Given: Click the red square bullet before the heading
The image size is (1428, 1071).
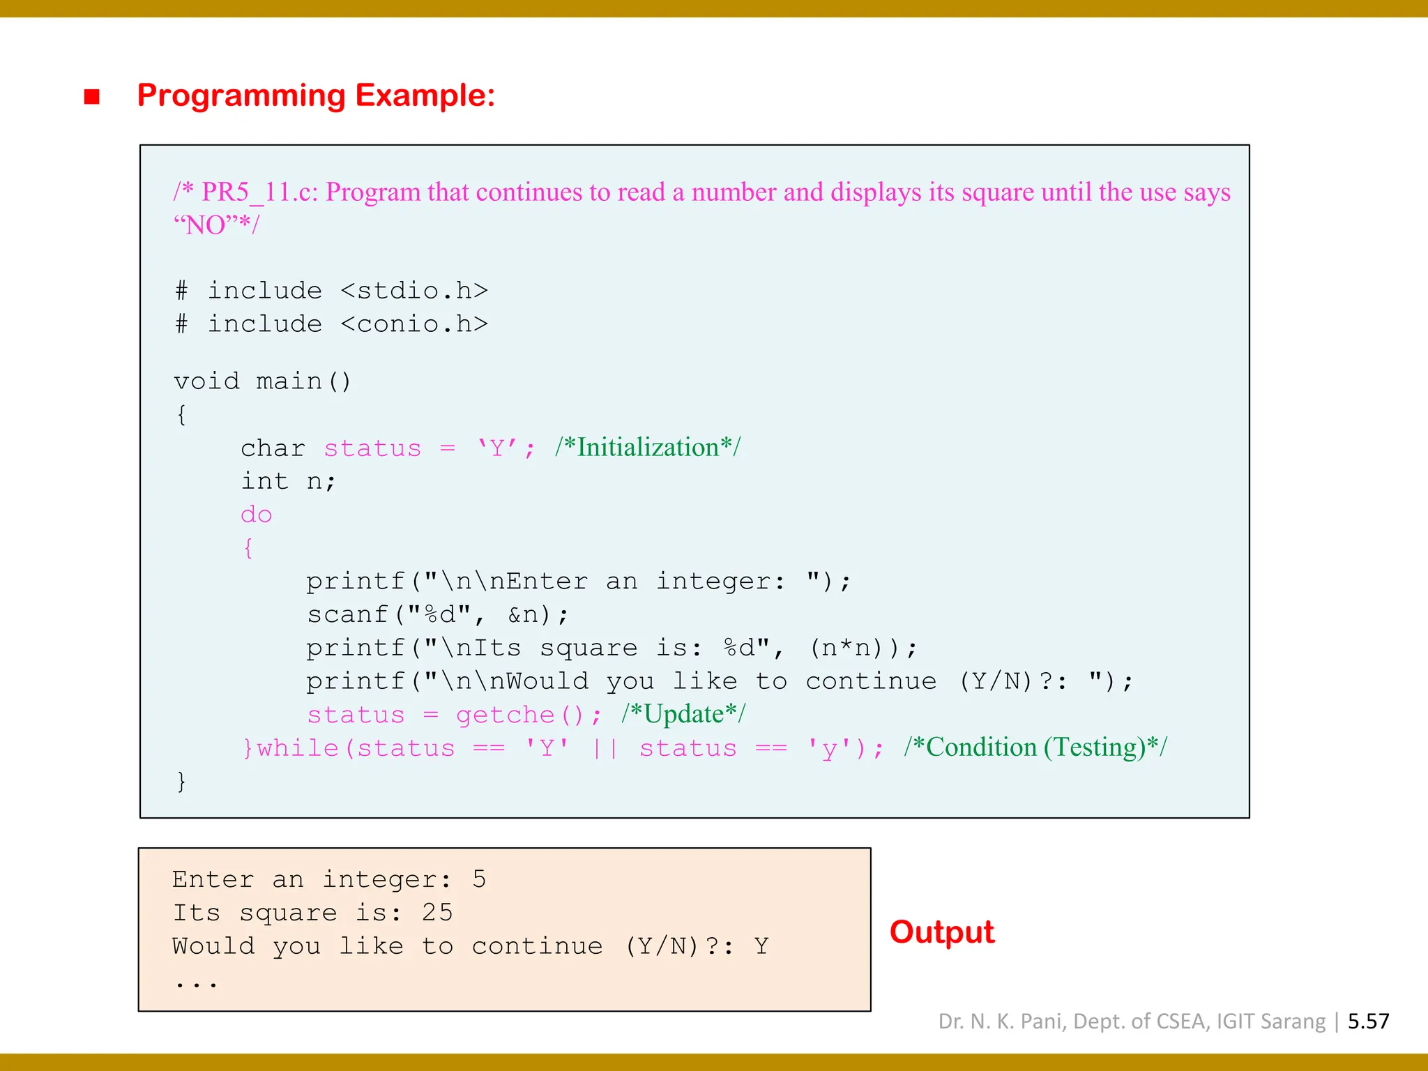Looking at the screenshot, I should point(91,96).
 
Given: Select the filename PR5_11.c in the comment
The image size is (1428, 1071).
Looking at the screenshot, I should point(259,192).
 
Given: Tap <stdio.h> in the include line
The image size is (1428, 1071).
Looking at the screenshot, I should point(414,290).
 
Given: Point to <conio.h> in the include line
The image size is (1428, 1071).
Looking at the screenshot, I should point(414,324).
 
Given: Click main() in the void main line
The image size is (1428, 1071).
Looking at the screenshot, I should point(303,381).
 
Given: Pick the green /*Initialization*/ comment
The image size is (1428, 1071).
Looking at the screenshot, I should point(648,447).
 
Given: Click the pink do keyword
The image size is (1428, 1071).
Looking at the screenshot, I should point(256,515).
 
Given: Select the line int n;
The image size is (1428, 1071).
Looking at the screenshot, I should point(288,481).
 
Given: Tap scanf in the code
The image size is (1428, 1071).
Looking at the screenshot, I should point(347,614).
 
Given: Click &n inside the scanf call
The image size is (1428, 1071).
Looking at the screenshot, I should point(524,614).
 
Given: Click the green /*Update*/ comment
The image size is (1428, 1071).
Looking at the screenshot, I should point(683,714).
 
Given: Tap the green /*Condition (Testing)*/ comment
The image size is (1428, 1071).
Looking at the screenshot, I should point(1035,747).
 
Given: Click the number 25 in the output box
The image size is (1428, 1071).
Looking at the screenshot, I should point(437,913).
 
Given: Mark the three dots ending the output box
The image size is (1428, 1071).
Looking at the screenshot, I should point(196,984).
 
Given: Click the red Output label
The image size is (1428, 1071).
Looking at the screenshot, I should point(941,932).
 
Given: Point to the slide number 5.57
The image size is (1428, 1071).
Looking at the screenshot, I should point(1368,1021).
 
